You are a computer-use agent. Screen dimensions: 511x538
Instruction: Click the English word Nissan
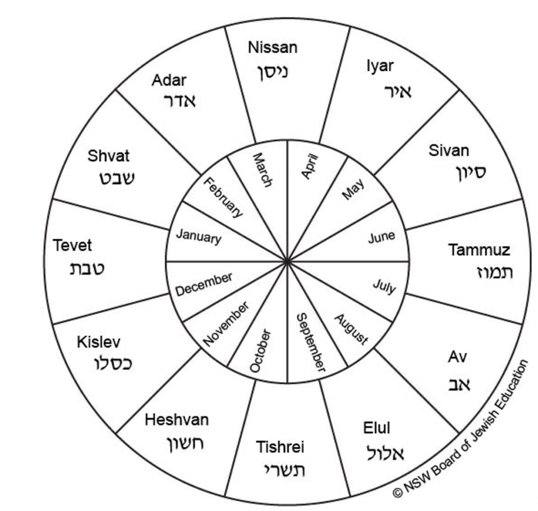[272, 48]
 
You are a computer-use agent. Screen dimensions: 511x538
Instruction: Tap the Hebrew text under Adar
[180, 100]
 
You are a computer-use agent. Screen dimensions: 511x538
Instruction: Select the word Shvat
[108, 156]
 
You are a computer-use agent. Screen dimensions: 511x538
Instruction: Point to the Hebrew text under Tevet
[87, 269]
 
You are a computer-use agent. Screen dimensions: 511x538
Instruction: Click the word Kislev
[98, 342]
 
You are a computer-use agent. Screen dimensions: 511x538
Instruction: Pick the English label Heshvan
[177, 420]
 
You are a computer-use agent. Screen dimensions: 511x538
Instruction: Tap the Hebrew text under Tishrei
[284, 469]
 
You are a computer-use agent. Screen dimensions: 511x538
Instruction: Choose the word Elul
[377, 428]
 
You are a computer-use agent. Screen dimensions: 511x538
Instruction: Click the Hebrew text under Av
[459, 384]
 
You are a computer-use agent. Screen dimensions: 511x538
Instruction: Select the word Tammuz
[479, 250]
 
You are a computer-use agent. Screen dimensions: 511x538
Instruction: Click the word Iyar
[380, 66]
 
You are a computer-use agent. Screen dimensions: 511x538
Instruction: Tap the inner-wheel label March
[262, 170]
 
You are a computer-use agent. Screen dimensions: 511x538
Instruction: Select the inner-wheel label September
[311, 342]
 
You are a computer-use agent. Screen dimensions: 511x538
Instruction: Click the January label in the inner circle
[198, 237]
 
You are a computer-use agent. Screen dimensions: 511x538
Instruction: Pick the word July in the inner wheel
[385, 287]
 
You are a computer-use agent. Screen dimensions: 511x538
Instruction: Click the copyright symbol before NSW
[398, 493]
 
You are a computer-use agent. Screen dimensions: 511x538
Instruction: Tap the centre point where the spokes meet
[287, 261]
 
